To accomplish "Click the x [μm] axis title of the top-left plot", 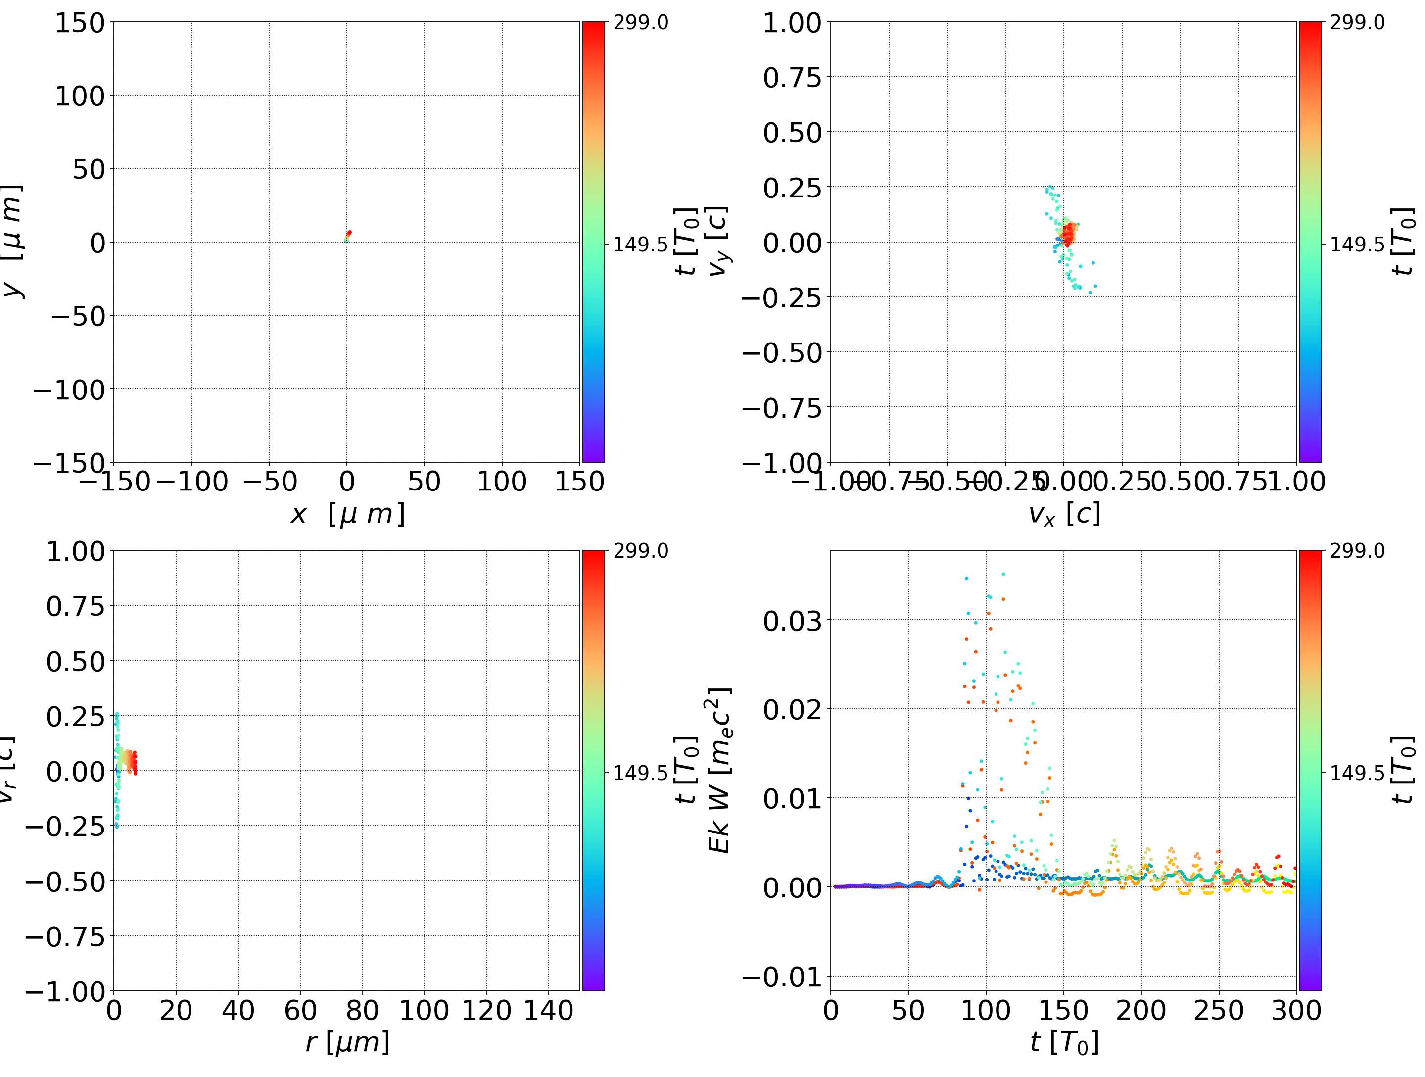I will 347,514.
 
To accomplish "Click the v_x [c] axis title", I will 1064,514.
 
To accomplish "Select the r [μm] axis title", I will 347,1042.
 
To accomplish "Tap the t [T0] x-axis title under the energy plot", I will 1064,1042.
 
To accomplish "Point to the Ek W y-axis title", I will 719,770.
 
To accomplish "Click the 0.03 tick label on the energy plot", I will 792,621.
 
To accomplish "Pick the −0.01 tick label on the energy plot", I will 781,977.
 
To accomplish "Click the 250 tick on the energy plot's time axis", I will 1218,1011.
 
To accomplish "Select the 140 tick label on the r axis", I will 548,1011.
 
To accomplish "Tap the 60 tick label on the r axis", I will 300,1011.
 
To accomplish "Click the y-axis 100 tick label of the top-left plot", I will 79,96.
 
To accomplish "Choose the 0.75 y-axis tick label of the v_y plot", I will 792,78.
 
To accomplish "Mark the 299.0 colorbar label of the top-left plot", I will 640,23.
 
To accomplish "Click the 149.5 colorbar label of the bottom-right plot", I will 1357,772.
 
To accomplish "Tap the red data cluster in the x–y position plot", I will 348,234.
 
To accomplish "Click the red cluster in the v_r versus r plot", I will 132,763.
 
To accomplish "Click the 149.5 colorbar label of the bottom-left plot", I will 640,772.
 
